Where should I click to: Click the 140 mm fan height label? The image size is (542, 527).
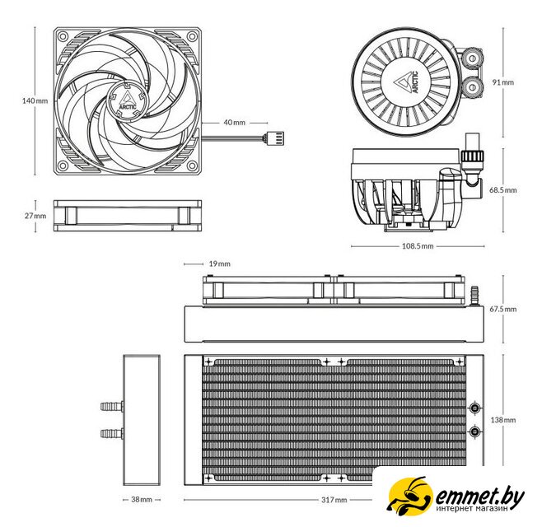(x=35, y=101)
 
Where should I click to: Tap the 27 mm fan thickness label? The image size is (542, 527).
(x=35, y=216)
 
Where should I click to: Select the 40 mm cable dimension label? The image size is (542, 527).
(x=235, y=123)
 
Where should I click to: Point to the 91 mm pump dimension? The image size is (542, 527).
(x=503, y=82)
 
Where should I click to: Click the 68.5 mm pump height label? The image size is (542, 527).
(x=503, y=190)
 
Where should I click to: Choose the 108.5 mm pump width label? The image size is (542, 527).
(x=418, y=246)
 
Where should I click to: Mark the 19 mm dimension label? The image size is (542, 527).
(x=219, y=263)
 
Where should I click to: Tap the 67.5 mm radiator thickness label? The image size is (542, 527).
(x=503, y=309)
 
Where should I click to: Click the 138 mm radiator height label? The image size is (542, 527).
(x=503, y=420)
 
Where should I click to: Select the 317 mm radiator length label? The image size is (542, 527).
(x=334, y=500)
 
